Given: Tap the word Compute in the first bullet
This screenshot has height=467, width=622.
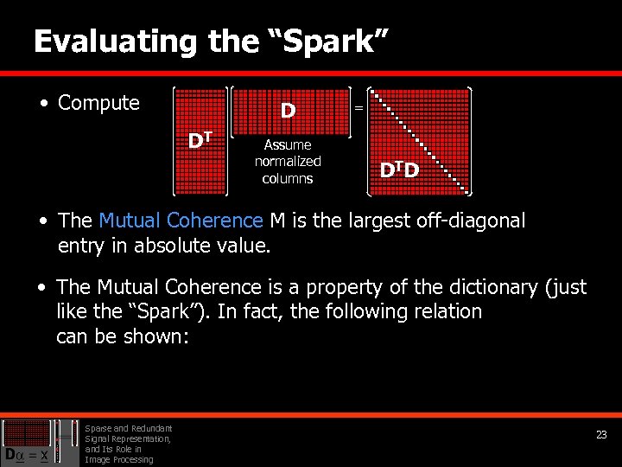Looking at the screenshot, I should click(x=98, y=103).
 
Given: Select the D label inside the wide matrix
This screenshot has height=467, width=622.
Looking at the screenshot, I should click(x=288, y=110).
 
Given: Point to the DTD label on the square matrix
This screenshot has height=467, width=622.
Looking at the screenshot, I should click(x=400, y=170).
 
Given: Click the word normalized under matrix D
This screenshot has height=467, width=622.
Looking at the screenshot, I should click(x=288, y=161).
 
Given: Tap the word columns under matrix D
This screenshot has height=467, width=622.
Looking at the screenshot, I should click(x=288, y=178).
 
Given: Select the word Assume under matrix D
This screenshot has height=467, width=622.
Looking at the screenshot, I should click(x=288, y=144).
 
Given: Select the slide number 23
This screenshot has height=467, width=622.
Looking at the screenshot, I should click(x=601, y=435).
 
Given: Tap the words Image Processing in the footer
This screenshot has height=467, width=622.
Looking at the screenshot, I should click(x=119, y=459).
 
